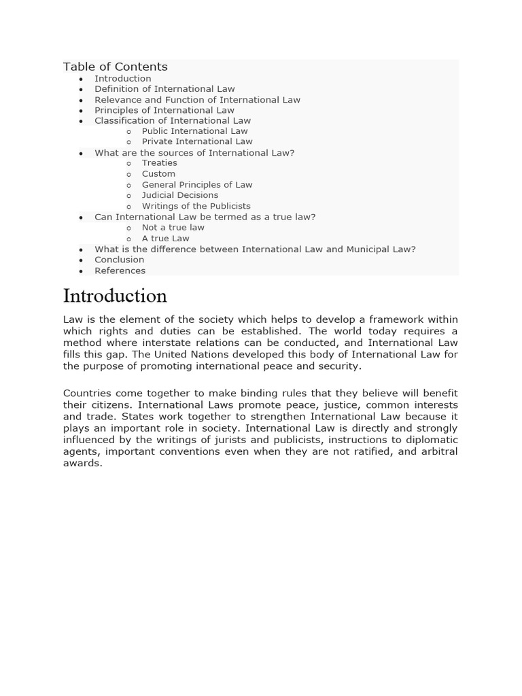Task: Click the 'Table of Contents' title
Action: (x=115, y=67)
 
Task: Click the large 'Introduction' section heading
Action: (x=115, y=296)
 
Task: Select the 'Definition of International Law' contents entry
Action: (x=164, y=89)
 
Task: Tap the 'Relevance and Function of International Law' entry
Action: (x=197, y=100)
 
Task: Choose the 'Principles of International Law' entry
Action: (x=164, y=110)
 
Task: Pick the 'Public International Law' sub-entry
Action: (x=194, y=131)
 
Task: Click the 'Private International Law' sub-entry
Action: (x=196, y=141)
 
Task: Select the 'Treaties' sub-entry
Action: (x=159, y=163)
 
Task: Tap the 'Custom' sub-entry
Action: (x=158, y=174)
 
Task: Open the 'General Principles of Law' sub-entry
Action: (x=196, y=185)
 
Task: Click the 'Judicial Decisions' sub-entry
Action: (x=179, y=195)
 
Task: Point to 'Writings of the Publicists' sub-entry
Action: (x=196, y=206)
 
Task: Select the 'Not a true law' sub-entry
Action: (x=173, y=228)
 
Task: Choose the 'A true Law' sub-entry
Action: (x=165, y=239)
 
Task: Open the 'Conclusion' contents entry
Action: (x=119, y=260)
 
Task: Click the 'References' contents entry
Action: (x=120, y=271)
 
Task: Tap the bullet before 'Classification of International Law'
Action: (x=81, y=122)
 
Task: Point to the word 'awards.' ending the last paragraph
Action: (x=82, y=464)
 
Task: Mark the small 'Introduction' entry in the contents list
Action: (x=122, y=79)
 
